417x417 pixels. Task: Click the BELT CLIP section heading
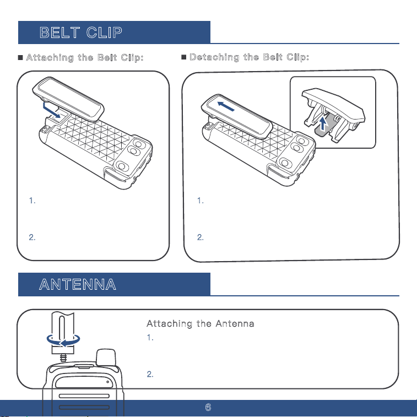click(x=81, y=33)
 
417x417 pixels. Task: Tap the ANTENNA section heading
click(x=78, y=284)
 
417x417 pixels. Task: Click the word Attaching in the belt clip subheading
click(x=50, y=57)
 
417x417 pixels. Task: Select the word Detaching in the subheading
click(x=214, y=57)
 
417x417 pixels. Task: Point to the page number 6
click(x=208, y=407)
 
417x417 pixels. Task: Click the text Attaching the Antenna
click(x=201, y=323)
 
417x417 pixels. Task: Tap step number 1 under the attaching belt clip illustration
click(x=32, y=201)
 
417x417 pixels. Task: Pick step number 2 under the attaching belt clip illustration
click(x=32, y=237)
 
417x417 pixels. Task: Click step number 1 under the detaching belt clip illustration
click(x=201, y=201)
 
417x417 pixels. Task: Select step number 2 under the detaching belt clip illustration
click(x=201, y=237)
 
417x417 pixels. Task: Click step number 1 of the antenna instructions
click(x=150, y=338)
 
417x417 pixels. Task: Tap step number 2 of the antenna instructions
click(x=150, y=374)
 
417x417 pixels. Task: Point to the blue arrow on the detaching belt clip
click(x=226, y=106)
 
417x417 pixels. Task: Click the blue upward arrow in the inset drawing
click(x=323, y=123)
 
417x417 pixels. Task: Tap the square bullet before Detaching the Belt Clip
click(x=183, y=57)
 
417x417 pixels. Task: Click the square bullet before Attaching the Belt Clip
click(x=20, y=57)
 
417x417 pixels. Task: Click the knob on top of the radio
click(x=106, y=358)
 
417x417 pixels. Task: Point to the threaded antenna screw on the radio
click(x=63, y=358)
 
